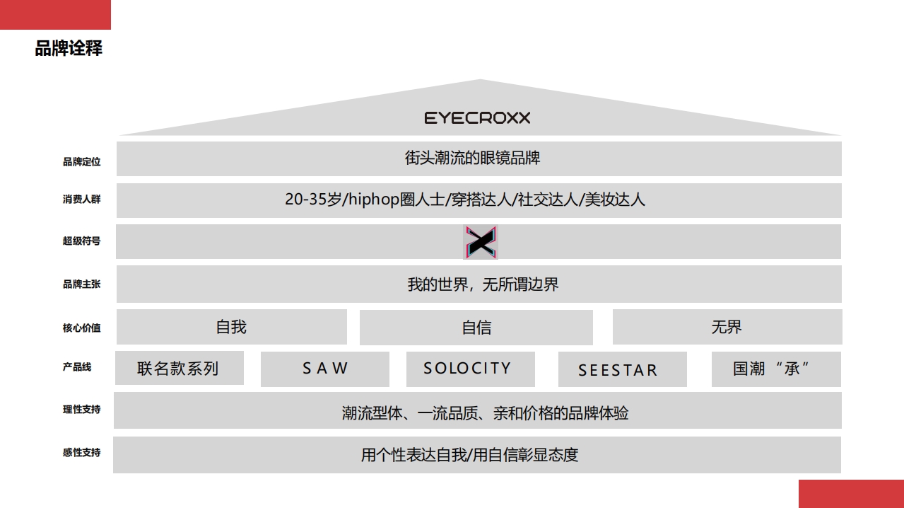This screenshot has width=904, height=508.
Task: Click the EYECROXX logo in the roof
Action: [x=477, y=117]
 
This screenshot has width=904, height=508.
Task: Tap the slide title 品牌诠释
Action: [x=69, y=48]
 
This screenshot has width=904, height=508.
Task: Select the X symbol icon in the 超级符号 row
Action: [x=481, y=242]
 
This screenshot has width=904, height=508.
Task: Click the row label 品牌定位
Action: [x=82, y=162]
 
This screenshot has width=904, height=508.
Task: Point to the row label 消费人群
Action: [x=82, y=200]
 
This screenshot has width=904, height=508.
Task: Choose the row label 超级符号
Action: [x=82, y=241]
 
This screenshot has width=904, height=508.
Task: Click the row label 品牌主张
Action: [x=82, y=284]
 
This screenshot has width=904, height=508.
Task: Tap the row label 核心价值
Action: [x=82, y=328]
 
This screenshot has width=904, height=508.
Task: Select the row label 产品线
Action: [x=77, y=367]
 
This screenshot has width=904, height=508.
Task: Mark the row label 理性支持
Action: [x=82, y=410]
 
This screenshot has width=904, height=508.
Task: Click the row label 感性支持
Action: [x=82, y=453]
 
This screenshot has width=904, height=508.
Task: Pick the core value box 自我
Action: [x=232, y=327]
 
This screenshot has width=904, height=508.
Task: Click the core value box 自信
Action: [x=476, y=328]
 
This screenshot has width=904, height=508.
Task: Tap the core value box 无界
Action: [x=727, y=327]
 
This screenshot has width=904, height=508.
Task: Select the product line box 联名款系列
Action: [x=179, y=369]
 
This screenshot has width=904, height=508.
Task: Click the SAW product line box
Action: [x=325, y=369]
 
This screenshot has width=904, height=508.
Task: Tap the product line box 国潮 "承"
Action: [x=776, y=369]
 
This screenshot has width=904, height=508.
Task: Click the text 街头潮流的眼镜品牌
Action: [x=472, y=158]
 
